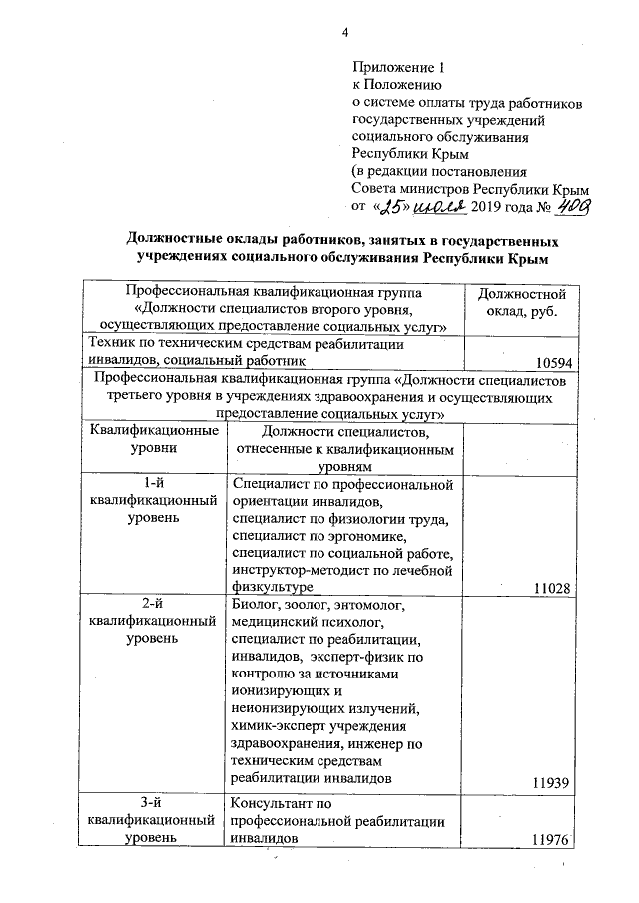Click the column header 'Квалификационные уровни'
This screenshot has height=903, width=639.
click(154, 439)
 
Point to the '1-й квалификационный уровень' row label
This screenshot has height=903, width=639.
click(154, 502)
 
